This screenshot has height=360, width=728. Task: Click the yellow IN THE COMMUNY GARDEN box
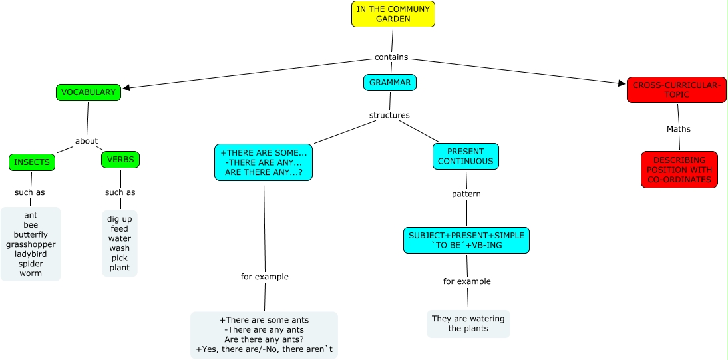click(393, 14)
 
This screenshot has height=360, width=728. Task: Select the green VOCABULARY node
click(89, 92)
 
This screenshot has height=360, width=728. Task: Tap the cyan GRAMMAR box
click(390, 83)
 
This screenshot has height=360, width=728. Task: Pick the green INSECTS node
click(32, 162)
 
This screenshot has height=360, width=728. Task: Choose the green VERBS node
click(120, 160)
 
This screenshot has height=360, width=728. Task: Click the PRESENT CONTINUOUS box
click(466, 156)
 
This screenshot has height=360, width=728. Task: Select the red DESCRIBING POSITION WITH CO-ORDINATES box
click(679, 170)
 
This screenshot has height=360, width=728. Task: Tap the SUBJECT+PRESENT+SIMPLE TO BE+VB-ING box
click(466, 240)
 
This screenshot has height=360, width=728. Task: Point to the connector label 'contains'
click(391, 57)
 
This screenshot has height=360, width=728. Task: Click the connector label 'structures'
click(389, 115)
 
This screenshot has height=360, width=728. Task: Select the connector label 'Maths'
click(679, 129)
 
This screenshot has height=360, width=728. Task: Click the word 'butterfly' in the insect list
click(31, 234)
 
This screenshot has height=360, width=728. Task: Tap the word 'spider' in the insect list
click(31, 264)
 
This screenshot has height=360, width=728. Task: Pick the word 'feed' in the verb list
click(120, 228)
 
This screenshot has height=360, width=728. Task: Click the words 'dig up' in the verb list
click(120, 218)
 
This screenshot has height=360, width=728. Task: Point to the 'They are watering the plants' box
click(468, 323)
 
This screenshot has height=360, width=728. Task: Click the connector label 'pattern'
click(466, 194)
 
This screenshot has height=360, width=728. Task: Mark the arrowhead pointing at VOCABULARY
click(127, 87)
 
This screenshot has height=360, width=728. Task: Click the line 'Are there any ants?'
click(264, 339)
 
